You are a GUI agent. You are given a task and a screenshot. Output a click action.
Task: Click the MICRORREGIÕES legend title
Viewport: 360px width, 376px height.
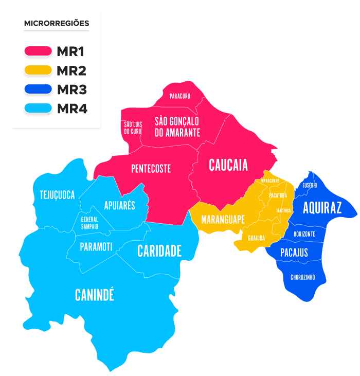coord(57,23)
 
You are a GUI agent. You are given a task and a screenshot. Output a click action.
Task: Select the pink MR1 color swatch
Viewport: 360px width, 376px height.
coord(39,51)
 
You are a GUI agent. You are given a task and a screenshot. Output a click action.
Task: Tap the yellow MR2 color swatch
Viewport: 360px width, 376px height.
coord(39,70)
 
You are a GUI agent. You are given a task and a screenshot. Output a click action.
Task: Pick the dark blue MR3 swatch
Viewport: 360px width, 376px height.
coord(39,89)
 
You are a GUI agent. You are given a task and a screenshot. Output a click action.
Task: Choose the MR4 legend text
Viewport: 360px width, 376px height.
coord(72,109)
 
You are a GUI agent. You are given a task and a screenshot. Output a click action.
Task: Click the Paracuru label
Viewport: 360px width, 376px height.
coord(179,96)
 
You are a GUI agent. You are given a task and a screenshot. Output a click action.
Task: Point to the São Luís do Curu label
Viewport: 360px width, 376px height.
coord(132,128)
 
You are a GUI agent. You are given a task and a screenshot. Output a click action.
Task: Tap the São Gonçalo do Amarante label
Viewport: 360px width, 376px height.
coord(177,127)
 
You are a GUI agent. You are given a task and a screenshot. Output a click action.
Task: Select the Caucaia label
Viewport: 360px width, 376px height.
coord(228,165)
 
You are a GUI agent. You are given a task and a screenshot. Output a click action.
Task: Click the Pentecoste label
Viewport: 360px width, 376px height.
coord(151,169)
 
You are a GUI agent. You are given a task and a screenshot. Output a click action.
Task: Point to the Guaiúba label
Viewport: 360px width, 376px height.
coord(256,238)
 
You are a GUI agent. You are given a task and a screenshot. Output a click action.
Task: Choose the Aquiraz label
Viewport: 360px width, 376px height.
coord(322,208)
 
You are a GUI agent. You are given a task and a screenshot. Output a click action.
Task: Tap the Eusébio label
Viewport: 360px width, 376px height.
coord(310,185)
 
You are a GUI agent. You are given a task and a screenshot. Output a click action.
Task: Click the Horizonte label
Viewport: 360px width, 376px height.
coord(304,234)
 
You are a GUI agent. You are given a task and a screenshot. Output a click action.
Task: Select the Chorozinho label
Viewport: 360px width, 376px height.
coord(302,277)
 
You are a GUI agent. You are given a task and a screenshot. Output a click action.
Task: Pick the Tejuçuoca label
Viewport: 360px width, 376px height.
coord(57,195)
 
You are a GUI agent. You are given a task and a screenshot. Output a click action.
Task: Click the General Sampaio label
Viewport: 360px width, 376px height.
coord(89,222)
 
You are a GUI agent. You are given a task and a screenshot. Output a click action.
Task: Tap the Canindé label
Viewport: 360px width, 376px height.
coord(95,295)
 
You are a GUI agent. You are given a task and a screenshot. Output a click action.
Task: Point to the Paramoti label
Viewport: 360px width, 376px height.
coord(96,247)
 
